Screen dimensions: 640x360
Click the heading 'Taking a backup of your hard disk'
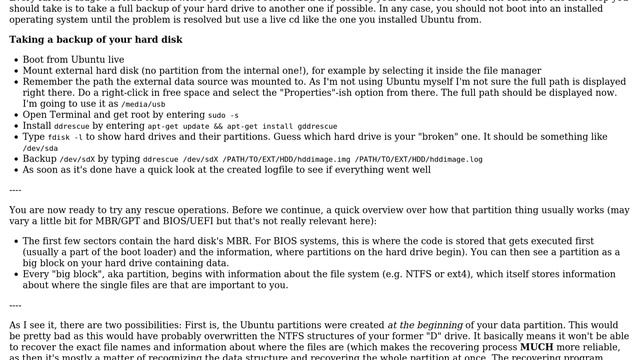tap(96, 40)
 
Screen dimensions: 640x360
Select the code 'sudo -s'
tap(223, 116)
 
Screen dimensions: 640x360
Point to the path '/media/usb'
tap(144, 105)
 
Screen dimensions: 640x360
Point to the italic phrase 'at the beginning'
tap(425, 324)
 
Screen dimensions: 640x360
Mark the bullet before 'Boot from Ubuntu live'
tap(15, 61)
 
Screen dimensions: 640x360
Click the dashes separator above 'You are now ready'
tap(15, 189)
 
